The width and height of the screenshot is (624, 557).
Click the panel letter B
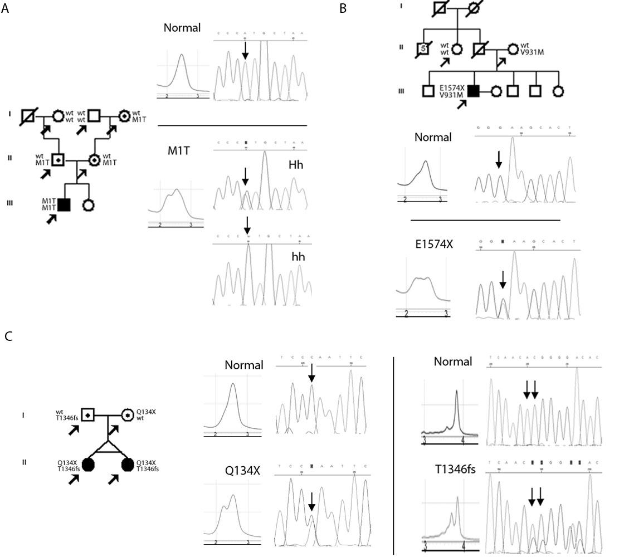343,8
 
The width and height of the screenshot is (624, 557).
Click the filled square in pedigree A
64,204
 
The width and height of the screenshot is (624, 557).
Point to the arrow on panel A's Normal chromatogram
245,50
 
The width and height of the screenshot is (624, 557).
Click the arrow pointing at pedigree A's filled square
52,219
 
